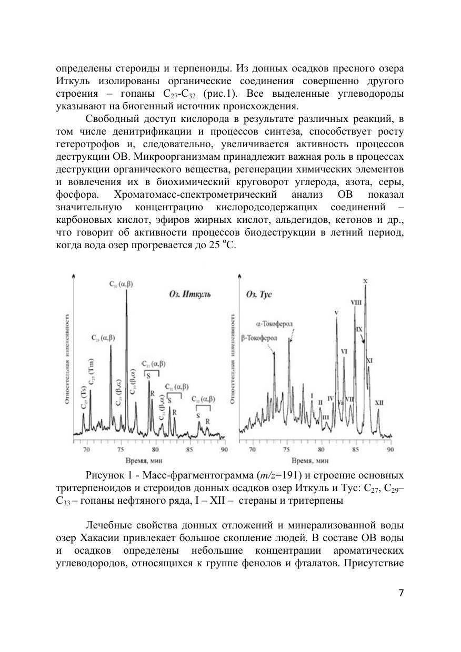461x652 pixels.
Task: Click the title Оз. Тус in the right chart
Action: pos(259,294)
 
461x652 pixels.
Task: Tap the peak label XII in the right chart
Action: pos(379,403)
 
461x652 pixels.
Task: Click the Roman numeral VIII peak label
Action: pos(356,302)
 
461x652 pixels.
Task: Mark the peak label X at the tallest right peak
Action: pos(365,281)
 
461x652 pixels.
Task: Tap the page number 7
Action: pos(400,593)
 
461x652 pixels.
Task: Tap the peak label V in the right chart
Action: pos(336,313)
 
